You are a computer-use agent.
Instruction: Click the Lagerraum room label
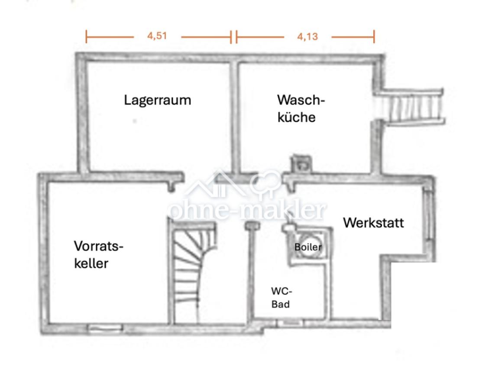coord(157,100)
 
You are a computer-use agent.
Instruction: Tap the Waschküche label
coord(301,108)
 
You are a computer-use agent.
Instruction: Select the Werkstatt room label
coord(373,223)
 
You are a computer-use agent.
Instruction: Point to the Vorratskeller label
coord(98,254)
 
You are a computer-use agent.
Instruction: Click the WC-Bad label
coord(281,297)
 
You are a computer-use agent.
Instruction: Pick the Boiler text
coord(308,247)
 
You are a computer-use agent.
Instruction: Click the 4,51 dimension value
coord(157,36)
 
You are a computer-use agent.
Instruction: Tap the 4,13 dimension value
coord(307,37)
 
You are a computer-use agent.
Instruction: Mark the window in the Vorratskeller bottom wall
coord(105,328)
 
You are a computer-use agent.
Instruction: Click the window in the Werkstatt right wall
coord(428,215)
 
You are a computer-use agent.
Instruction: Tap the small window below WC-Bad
coord(289,323)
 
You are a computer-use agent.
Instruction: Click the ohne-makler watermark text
coord(247,210)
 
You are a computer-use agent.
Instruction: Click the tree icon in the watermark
coord(265,184)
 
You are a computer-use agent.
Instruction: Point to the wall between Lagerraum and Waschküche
coord(234,117)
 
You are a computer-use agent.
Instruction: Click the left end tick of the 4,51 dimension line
coord(86,37)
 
